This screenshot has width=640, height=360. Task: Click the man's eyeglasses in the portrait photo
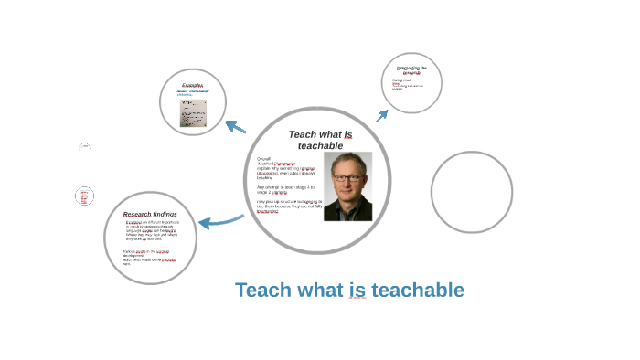[347, 180]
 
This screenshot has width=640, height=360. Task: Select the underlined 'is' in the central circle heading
[347, 134]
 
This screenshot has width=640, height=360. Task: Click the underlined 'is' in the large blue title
[357, 291]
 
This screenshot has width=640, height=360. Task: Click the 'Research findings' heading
[150, 214]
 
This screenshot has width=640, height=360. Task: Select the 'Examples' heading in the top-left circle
[192, 85]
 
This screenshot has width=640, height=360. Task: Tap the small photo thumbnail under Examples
[193, 113]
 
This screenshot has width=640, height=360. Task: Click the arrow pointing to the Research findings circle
[220, 220]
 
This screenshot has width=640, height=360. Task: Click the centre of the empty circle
[471, 192]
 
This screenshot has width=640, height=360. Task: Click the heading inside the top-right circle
[411, 69]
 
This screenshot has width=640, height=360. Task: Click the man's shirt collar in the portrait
[349, 203]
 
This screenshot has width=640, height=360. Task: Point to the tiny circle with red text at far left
[84, 196]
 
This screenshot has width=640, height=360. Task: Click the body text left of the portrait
[288, 183]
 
